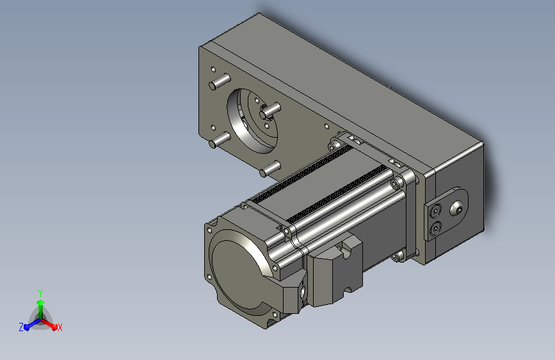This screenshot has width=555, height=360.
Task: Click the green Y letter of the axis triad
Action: [x=40, y=293]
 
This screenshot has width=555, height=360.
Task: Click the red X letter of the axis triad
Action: [x=60, y=327]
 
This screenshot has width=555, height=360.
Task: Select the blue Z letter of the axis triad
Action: [x=21, y=327]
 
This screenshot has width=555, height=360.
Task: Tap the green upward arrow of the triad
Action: [x=40, y=309]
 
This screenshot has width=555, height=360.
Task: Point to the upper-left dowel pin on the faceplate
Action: [x=220, y=81]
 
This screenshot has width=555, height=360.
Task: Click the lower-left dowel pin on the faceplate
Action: [x=220, y=139]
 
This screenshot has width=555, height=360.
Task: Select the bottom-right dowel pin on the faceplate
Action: [x=269, y=168]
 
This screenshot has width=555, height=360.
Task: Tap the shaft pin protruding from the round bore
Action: [x=270, y=110]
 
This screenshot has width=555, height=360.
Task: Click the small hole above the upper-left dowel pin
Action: [x=213, y=69]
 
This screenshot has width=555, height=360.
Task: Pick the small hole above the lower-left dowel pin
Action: [x=213, y=127]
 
